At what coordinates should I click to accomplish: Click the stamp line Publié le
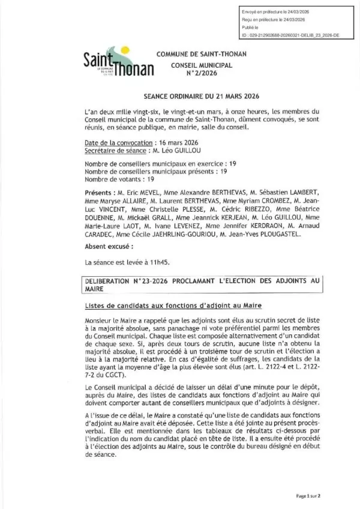point(249,28)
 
